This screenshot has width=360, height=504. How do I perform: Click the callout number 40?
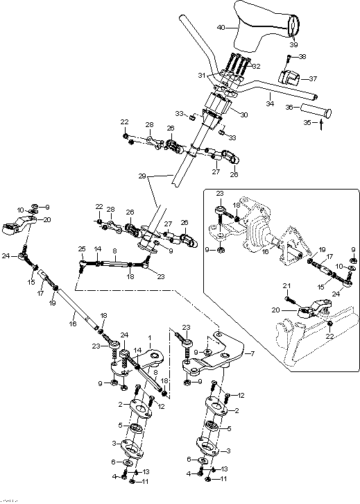click(x=221, y=28)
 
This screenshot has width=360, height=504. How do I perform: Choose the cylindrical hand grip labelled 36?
click(x=315, y=110)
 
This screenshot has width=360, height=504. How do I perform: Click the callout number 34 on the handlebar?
click(x=270, y=103)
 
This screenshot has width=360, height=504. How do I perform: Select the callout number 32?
click(x=256, y=67)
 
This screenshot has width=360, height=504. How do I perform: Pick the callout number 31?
click(x=202, y=75)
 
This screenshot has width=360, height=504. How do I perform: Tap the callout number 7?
click(x=252, y=354)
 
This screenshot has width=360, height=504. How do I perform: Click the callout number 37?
click(x=312, y=78)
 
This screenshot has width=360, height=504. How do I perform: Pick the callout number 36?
click(x=290, y=107)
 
